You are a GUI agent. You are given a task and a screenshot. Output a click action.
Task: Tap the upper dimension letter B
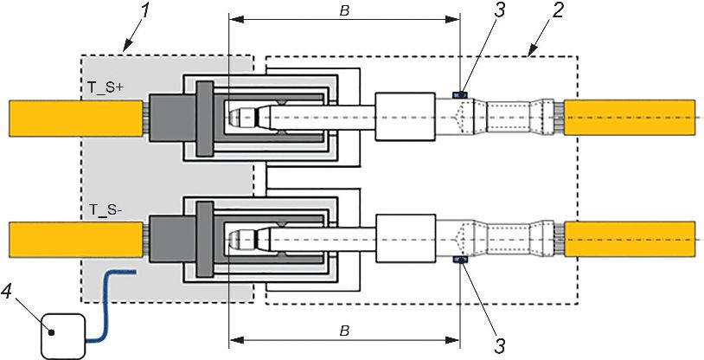tap(344, 11)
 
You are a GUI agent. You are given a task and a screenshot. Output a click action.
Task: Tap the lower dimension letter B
tap(344, 331)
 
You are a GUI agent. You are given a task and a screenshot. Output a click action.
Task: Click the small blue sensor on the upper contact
tap(460, 95)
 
